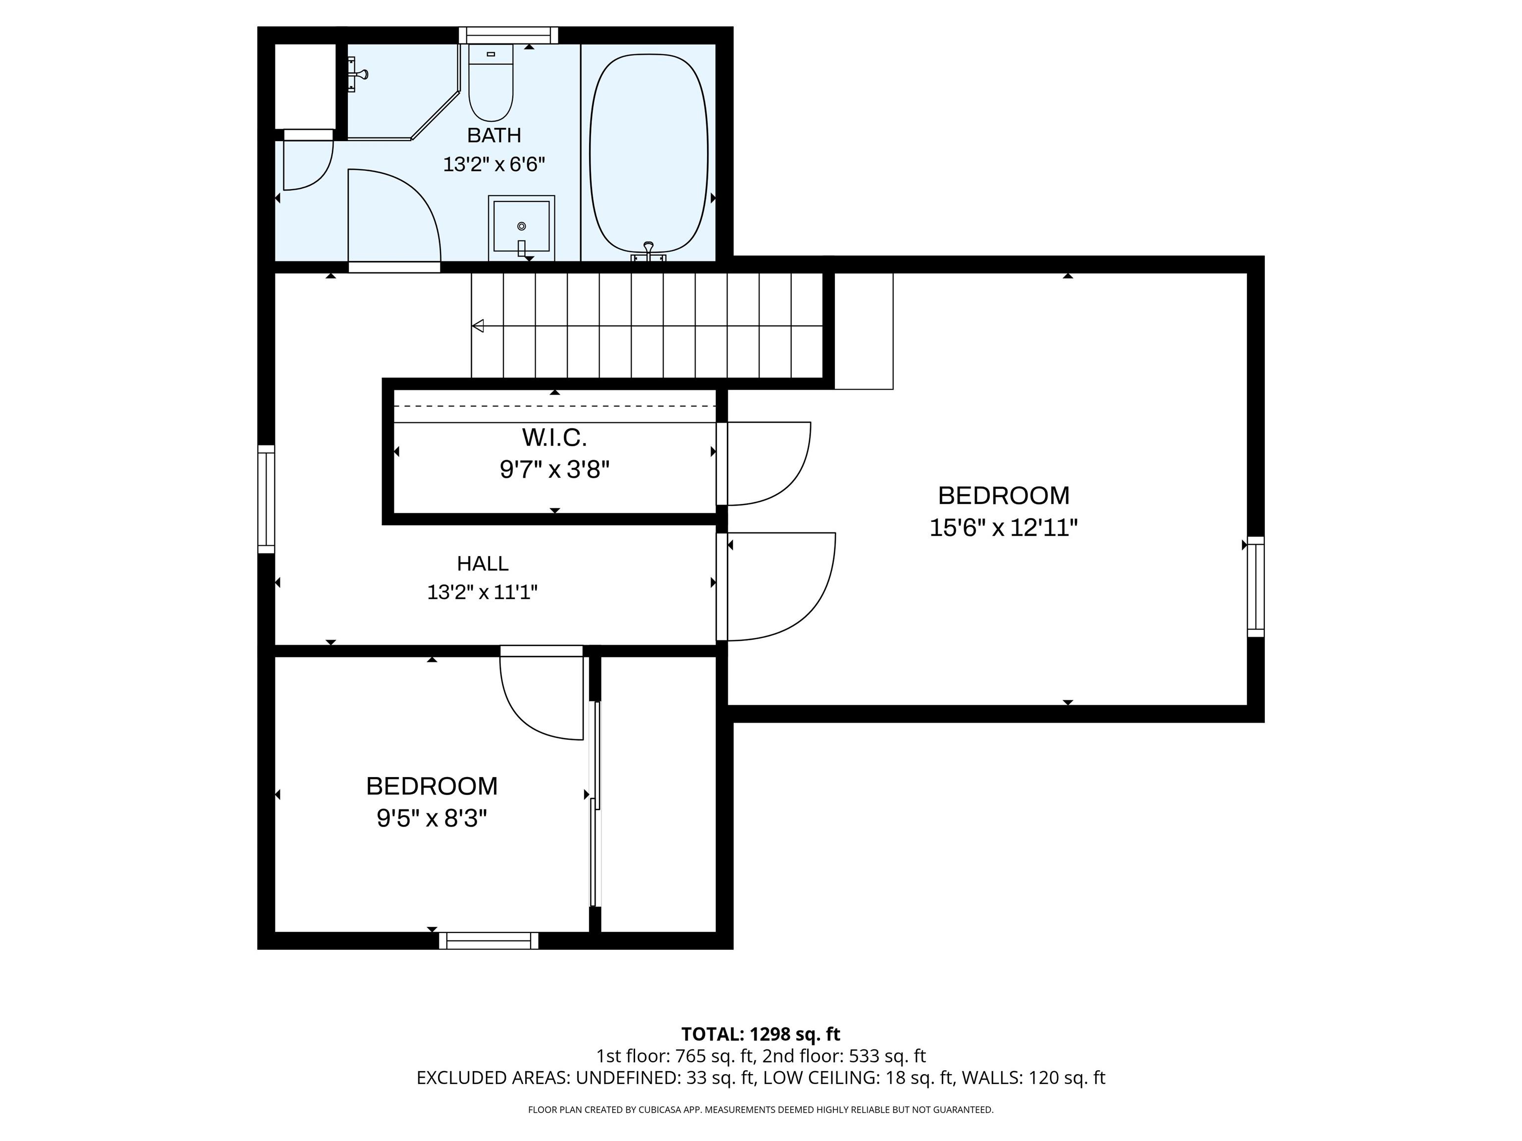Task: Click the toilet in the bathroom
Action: pyautogui.click(x=490, y=83)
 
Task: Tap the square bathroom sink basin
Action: pyautogui.click(x=522, y=226)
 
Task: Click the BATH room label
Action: pyautogui.click(x=494, y=136)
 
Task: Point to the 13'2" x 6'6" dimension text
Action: pyautogui.click(x=494, y=165)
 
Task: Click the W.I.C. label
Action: pyautogui.click(x=554, y=437)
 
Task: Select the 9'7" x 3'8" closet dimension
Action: pyautogui.click(x=554, y=470)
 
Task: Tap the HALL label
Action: pyautogui.click(x=483, y=564)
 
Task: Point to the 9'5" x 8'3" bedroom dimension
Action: pyautogui.click(x=432, y=819)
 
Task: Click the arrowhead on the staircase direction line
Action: pyautogui.click(x=478, y=326)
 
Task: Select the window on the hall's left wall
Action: pyautogui.click(x=266, y=499)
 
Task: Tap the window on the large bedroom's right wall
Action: pyautogui.click(x=1256, y=587)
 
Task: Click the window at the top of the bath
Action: pyautogui.click(x=508, y=35)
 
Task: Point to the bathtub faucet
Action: pyautogui.click(x=648, y=252)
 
